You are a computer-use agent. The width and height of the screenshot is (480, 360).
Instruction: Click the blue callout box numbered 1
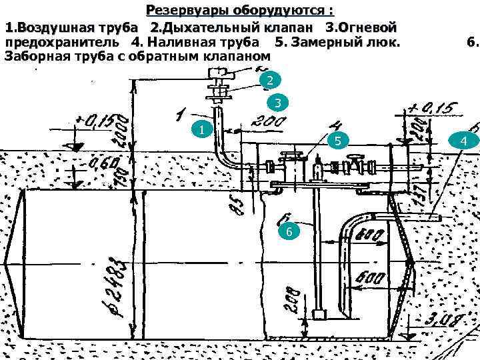201,129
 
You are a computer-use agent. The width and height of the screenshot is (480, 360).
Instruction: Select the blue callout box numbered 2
267,81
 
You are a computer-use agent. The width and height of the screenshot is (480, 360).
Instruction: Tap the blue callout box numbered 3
277,103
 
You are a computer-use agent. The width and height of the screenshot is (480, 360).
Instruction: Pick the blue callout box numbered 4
463,141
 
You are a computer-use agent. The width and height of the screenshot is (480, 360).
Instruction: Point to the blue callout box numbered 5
339,141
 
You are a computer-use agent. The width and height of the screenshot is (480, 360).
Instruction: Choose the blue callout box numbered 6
288,231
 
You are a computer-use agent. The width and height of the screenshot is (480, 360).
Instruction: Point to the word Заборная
37,57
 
